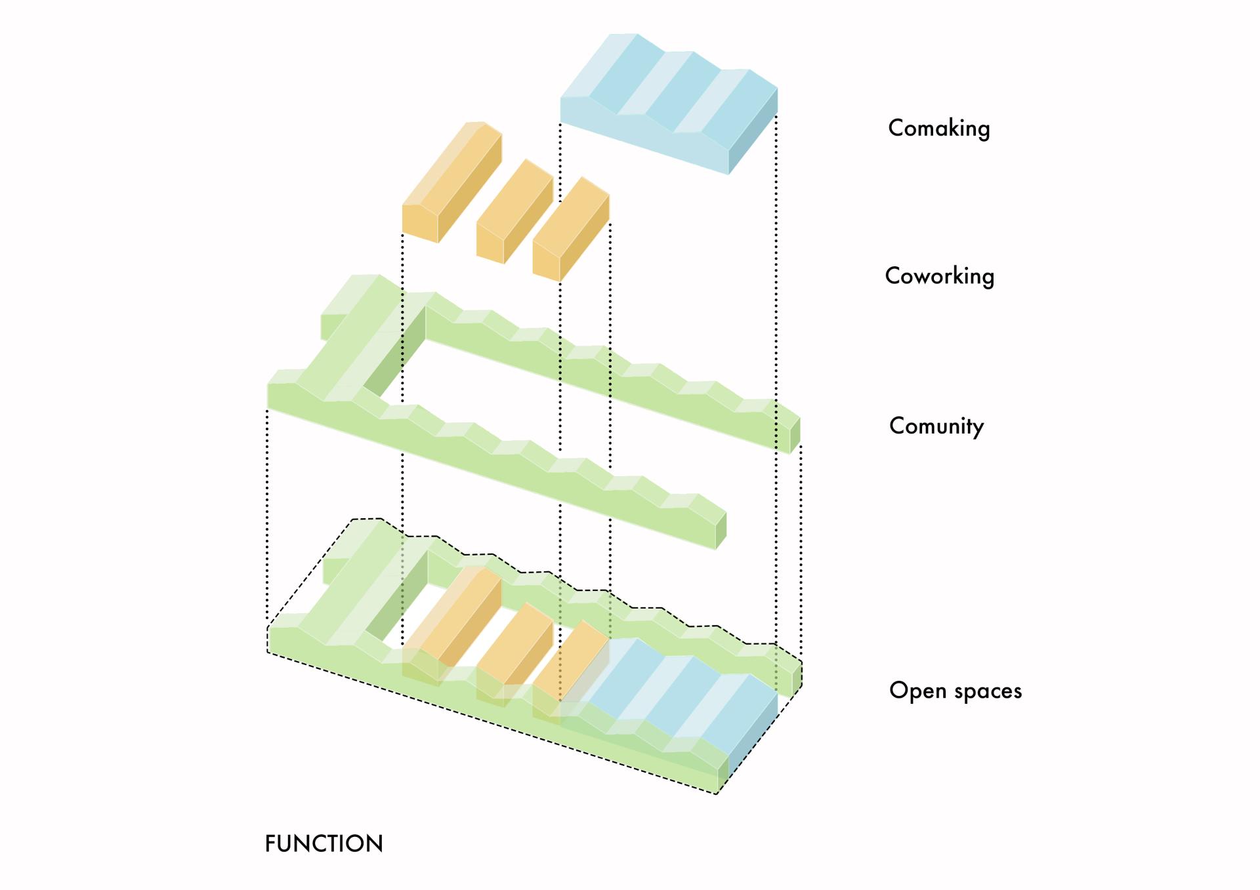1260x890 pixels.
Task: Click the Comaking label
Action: [x=938, y=128]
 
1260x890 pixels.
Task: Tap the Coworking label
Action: [x=939, y=276]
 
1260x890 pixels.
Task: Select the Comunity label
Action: [x=936, y=426]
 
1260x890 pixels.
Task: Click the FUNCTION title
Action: [x=324, y=844]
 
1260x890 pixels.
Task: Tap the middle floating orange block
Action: [x=515, y=210]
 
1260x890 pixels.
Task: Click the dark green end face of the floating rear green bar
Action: [x=795, y=434]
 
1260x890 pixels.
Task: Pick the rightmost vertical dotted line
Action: [x=801, y=551]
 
